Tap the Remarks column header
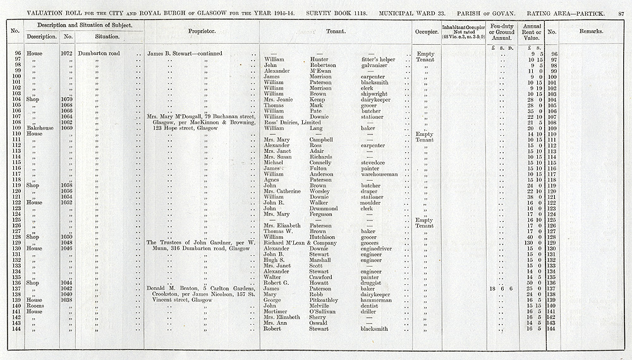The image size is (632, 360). point(590,31)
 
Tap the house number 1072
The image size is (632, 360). point(68,54)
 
